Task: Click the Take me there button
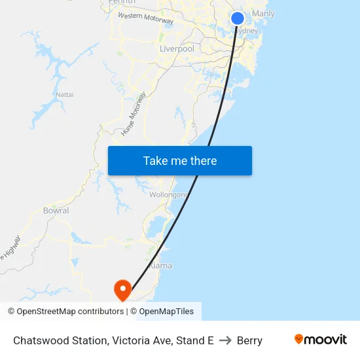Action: (x=180, y=161)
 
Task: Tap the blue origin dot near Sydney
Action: (x=238, y=18)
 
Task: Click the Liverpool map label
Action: (x=177, y=49)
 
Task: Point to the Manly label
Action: (x=263, y=14)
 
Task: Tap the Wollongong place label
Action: (x=169, y=195)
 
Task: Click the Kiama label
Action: (x=160, y=266)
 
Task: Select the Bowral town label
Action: (x=56, y=211)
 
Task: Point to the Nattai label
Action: (x=65, y=95)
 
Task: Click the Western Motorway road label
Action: (x=145, y=18)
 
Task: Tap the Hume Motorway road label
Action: (x=134, y=114)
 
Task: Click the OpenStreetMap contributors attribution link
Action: (x=70, y=312)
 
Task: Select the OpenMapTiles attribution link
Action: (x=166, y=312)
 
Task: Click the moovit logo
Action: (x=321, y=340)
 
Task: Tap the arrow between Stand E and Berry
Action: (x=225, y=340)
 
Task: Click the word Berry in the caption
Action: (x=249, y=340)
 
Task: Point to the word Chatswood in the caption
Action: (x=38, y=340)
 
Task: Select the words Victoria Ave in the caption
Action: (x=137, y=340)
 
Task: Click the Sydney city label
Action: (x=247, y=31)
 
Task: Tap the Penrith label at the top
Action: (x=122, y=2)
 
